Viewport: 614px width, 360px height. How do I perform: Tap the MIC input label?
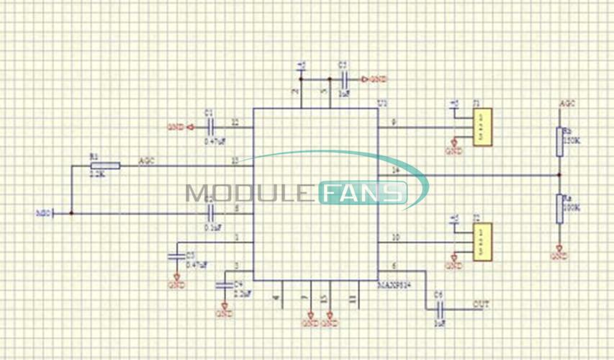coord(42,213)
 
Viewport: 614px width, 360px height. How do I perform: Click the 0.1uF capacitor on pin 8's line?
coord(211,212)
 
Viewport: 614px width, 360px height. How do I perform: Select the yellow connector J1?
coord(482,127)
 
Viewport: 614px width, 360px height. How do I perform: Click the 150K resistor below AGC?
coord(559,142)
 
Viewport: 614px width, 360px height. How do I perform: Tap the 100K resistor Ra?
coord(559,208)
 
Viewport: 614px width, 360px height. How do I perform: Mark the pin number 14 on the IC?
coord(394,170)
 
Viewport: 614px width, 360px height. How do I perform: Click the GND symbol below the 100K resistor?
coord(559,255)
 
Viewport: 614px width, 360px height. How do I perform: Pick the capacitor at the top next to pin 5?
coord(344,79)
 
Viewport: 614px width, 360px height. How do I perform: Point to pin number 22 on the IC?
coord(235,122)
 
